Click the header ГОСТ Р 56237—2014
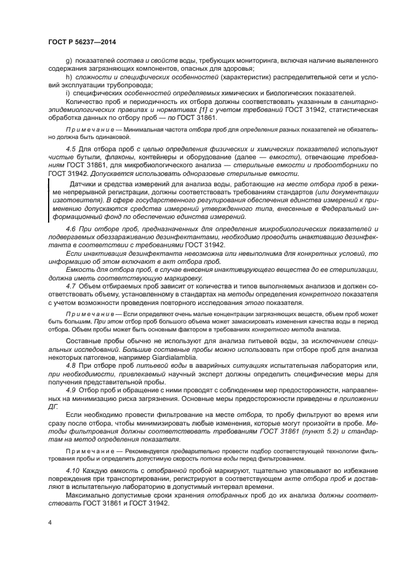point(83,40)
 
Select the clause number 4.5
point(71,149)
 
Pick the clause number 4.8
point(71,366)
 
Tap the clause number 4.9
point(71,390)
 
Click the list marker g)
point(69,61)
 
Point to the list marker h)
point(69,77)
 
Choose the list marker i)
point(68,93)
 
